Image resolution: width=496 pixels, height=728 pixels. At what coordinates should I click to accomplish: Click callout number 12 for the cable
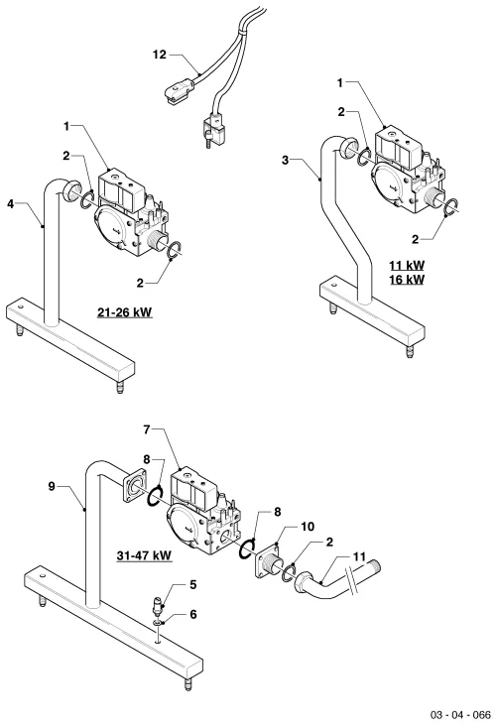160,55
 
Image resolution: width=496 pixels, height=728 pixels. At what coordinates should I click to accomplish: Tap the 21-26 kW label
124,312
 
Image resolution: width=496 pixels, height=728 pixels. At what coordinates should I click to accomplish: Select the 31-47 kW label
144,555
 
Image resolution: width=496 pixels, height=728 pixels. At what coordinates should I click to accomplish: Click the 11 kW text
407,266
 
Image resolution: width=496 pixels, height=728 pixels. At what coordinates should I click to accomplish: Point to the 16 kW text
407,280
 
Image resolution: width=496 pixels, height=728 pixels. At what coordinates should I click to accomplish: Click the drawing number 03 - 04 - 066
460,714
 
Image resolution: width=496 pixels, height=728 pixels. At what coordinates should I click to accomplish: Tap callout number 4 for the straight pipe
11,203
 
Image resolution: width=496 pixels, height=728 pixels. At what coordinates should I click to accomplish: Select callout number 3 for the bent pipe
285,160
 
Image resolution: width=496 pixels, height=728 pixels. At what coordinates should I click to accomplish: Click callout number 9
52,486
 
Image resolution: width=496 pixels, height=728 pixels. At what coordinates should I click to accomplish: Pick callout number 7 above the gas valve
147,429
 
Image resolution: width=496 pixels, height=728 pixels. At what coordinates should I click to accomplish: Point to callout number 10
308,527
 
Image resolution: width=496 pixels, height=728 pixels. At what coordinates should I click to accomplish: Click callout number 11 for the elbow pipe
359,556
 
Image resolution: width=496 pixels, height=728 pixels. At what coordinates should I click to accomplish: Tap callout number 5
193,584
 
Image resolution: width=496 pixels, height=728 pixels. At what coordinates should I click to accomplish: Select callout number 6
193,614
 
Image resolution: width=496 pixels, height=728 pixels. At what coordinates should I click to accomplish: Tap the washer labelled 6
160,621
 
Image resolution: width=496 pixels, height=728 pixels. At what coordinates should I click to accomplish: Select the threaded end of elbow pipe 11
373,566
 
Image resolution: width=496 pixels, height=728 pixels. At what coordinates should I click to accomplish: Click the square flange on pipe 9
135,486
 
